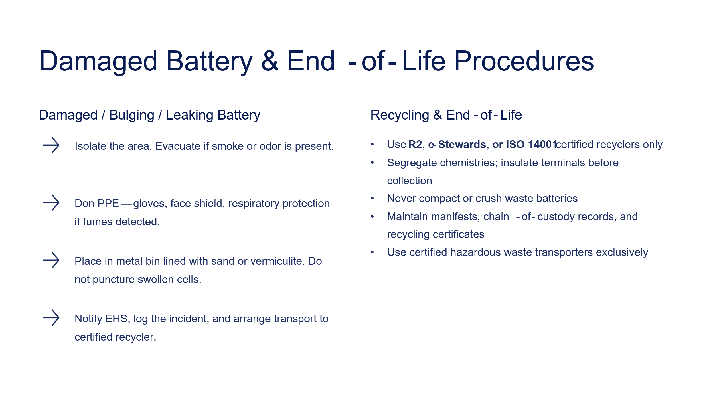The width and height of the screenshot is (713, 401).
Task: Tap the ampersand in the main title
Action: (x=270, y=61)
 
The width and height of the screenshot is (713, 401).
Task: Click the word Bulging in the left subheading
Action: (x=131, y=116)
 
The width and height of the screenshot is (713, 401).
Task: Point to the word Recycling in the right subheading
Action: (x=400, y=116)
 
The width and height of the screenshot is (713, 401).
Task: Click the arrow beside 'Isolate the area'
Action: (x=51, y=145)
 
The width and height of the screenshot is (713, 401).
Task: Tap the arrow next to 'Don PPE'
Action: (x=51, y=202)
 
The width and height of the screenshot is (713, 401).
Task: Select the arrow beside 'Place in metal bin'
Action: (x=51, y=260)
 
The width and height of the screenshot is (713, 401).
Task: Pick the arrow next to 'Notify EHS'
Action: (x=51, y=317)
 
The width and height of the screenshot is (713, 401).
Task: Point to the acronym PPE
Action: (x=108, y=203)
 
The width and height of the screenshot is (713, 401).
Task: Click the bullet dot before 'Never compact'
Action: (x=372, y=198)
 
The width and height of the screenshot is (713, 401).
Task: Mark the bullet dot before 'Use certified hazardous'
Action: (x=372, y=252)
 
